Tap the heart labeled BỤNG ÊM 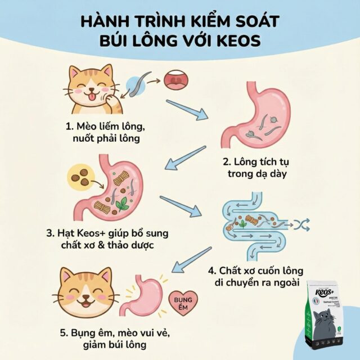click(x=185, y=299)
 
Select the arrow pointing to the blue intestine click(x=181, y=205)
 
